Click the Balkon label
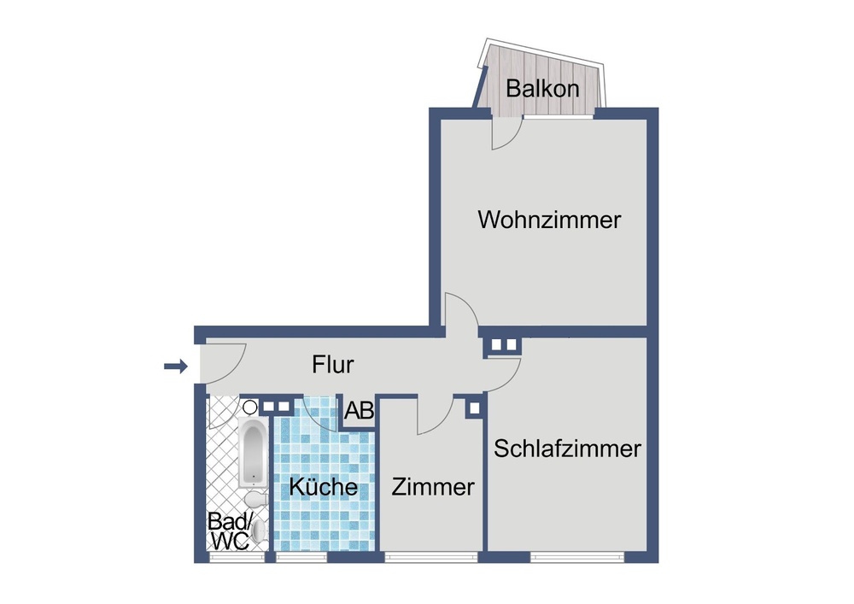pos(542,88)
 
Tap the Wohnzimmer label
pos(549,220)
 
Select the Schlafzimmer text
pos(567,449)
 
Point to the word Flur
pos(333,364)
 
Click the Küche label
pos(323,486)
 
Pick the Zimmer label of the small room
pos(433,487)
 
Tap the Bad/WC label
pos(230,531)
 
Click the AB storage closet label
pos(359,411)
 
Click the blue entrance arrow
pos(176,367)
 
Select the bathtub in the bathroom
pos(254,453)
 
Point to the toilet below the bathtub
pos(254,499)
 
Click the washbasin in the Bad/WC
pos(259,531)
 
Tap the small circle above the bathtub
pos(250,407)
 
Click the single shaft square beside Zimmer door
pos(474,408)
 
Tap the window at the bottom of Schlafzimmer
pos(577,557)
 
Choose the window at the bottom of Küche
pos(301,557)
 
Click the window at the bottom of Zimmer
pos(430,557)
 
